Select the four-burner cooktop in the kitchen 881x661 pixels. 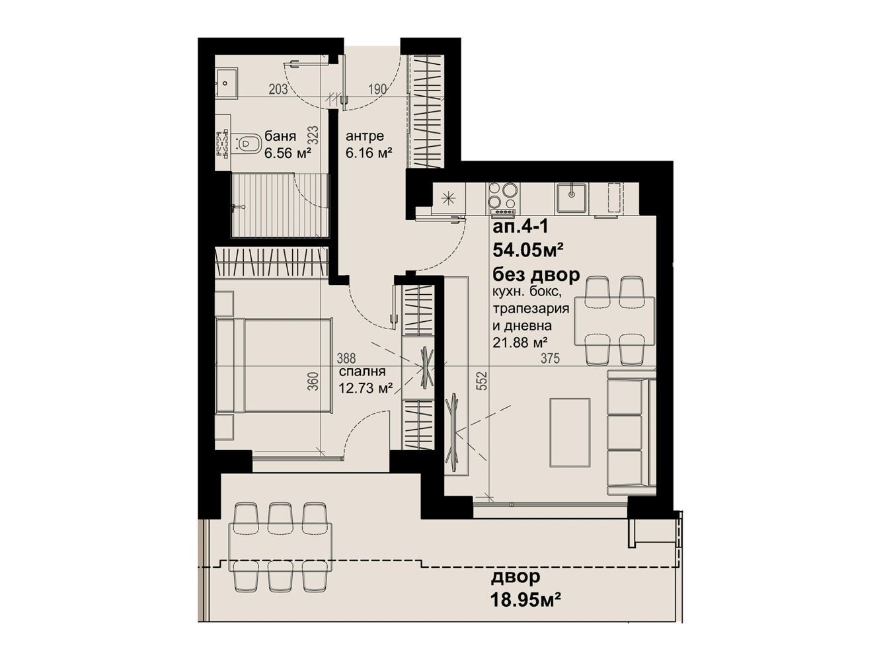tap(504, 197)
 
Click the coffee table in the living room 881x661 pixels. tap(570, 432)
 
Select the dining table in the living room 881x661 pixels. tap(615, 321)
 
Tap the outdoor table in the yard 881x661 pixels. tap(280, 546)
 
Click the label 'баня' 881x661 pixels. tap(280, 136)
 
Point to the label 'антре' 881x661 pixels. tap(364, 136)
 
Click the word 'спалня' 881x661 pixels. tap(362, 372)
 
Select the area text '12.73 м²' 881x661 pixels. tap(365, 389)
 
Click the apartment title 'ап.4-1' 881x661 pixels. tap(519, 227)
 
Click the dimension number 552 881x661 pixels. tap(483, 381)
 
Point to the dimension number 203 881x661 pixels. tap(278, 89)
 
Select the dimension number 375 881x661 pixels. tap(550, 358)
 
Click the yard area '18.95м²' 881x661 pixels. tap(525, 601)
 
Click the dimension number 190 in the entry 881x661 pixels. tap(377, 89)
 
